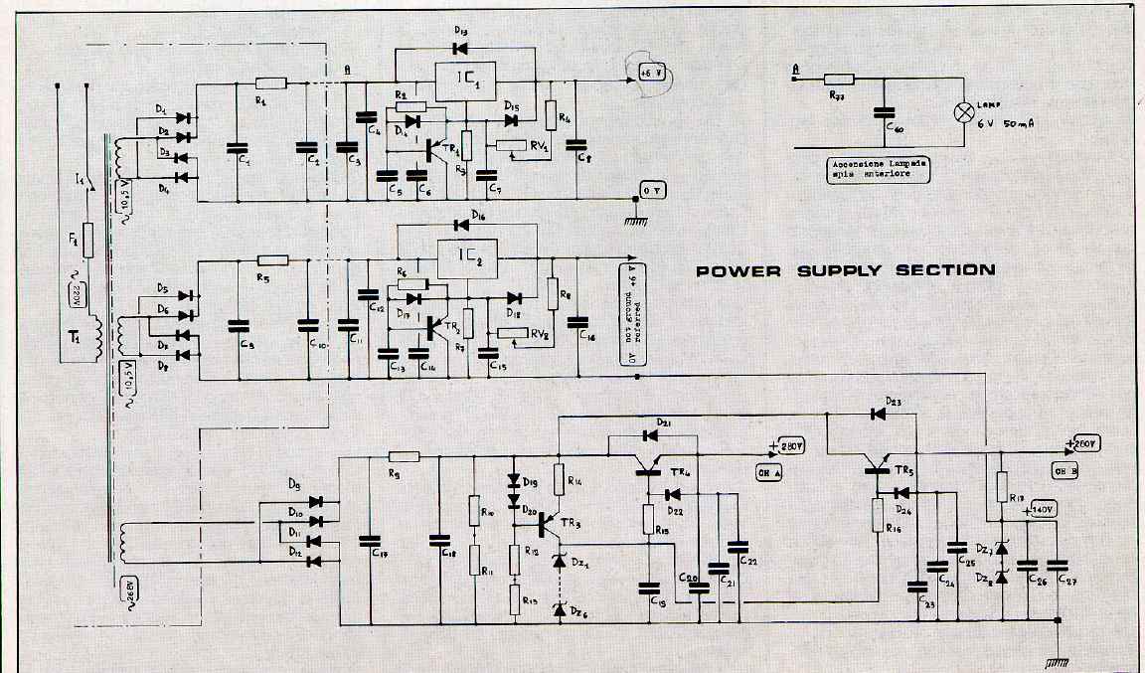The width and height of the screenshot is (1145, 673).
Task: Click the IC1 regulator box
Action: pyautogui.click(x=466, y=83)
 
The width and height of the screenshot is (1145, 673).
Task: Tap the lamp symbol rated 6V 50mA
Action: pyautogui.click(x=963, y=112)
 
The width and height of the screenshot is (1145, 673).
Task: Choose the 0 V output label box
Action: pyautogui.click(x=650, y=189)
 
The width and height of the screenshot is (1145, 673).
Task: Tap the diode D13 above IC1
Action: pyautogui.click(x=460, y=46)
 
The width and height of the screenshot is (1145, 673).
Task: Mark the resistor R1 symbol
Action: pyautogui.click(x=270, y=84)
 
